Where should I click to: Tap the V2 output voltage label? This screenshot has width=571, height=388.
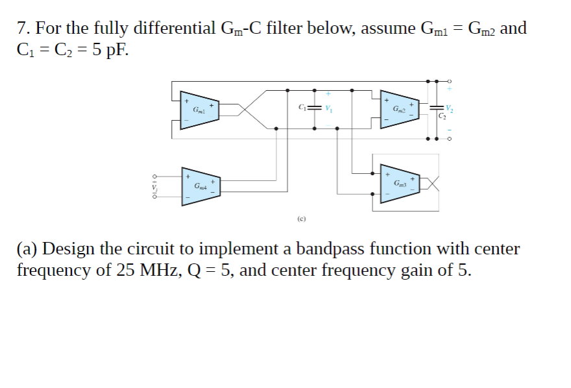[x=449, y=107]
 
